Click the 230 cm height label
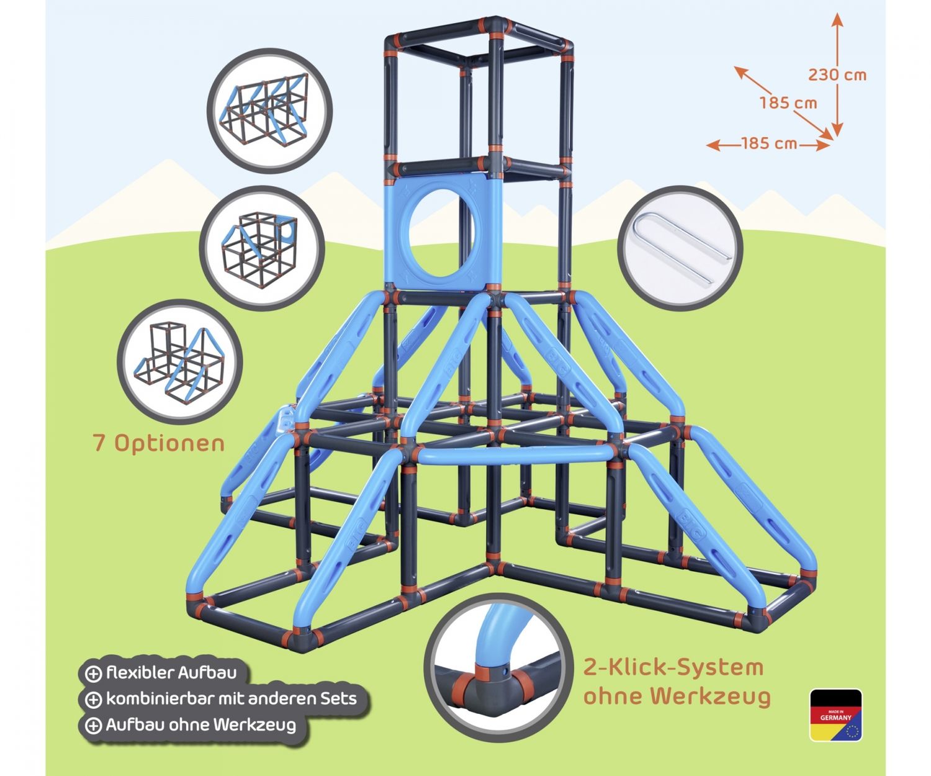pyautogui.click(x=837, y=75)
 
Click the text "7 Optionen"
pyautogui.click(x=158, y=443)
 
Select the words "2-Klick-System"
pyautogui.click(x=673, y=668)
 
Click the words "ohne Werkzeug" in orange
pyautogui.click(x=677, y=696)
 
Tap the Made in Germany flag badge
pyautogui.click(x=835, y=715)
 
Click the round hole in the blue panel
pyautogui.click(x=439, y=233)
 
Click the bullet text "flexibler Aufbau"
pyautogui.click(x=171, y=672)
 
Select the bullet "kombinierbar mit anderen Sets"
pyautogui.click(x=231, y=698)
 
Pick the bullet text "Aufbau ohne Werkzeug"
pyautogui.click(x=200, y=724)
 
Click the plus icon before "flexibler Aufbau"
pyautogui.click(x=93, y=674)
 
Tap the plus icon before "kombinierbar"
pyautogui.click(x=93, y=700)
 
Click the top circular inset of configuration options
pyautogui.click(x=269, y=110)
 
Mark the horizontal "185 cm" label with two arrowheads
pyautogui.click(x=768, y=143)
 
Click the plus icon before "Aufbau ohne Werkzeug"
pyautogui.click(x=93, y=726)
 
